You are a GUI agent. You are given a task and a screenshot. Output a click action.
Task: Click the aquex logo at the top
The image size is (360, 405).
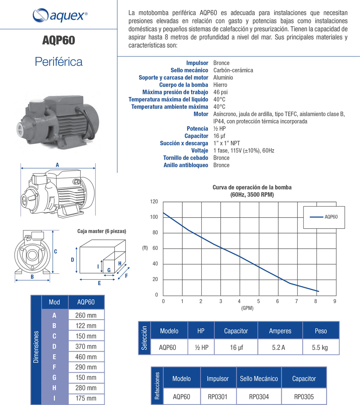60,15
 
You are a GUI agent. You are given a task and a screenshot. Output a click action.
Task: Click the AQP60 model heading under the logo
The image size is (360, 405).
59,40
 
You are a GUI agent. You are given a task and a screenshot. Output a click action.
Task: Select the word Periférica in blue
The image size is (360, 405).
59,62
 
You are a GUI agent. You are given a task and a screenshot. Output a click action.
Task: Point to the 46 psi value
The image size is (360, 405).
220,92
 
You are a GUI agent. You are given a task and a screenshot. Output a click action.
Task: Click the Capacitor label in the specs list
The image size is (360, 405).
196,136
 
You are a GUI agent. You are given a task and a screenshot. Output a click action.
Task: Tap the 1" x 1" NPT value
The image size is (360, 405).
227,143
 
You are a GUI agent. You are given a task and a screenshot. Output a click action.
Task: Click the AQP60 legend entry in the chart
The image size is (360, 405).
331,217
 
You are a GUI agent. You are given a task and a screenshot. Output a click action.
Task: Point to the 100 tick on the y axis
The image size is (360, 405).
154,217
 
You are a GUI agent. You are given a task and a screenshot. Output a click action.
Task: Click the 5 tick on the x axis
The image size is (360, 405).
258,301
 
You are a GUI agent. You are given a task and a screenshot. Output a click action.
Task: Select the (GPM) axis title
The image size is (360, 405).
247,308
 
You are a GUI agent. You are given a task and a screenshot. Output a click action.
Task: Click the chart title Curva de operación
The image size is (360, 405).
252,187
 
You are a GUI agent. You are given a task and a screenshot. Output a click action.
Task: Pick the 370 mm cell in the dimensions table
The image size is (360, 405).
86,346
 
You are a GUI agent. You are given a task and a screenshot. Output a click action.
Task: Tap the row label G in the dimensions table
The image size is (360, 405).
54,378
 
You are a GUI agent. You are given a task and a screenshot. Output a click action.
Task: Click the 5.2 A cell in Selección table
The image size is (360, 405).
278,348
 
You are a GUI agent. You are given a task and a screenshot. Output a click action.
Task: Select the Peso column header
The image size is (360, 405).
321,331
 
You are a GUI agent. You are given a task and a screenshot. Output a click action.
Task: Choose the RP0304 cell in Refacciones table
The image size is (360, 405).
259,397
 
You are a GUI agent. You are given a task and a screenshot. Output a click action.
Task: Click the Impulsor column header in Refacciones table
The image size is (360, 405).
217,379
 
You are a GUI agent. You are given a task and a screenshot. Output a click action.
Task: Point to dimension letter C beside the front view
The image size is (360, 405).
55,251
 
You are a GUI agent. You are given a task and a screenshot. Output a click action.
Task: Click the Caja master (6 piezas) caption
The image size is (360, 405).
102,231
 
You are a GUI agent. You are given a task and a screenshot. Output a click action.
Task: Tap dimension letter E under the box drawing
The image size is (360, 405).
99,283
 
